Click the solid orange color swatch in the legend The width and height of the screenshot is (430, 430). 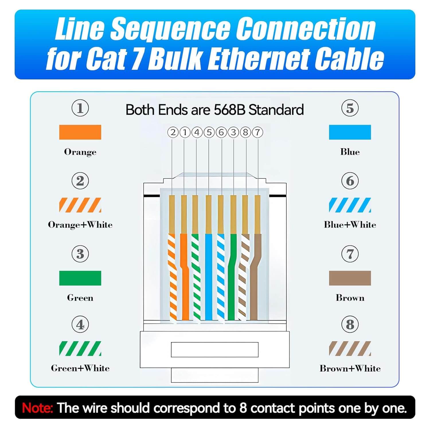(x=80, y=132)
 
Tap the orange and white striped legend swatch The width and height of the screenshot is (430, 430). (x=80, y=205)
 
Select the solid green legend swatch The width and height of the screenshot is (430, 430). (x=80, y=278)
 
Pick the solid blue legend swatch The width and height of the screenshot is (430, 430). (x=350, y=132)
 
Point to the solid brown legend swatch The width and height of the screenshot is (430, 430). (x=350, y=278)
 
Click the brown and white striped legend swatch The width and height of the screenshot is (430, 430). (x=350, y=348)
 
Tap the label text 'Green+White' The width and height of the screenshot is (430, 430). (x=80, y=368)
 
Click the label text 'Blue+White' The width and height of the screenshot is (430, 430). (x=350, y=224)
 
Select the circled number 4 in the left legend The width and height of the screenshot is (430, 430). (x=80, y=325)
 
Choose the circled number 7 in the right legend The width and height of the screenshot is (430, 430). (x=350, y=254)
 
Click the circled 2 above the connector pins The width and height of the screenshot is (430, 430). (x=173, y=132)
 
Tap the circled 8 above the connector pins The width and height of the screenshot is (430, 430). (x=245, y=132)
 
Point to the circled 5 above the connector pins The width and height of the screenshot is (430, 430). (x=209, y=132)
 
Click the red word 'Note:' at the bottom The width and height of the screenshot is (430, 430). (x=37, y=408)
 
